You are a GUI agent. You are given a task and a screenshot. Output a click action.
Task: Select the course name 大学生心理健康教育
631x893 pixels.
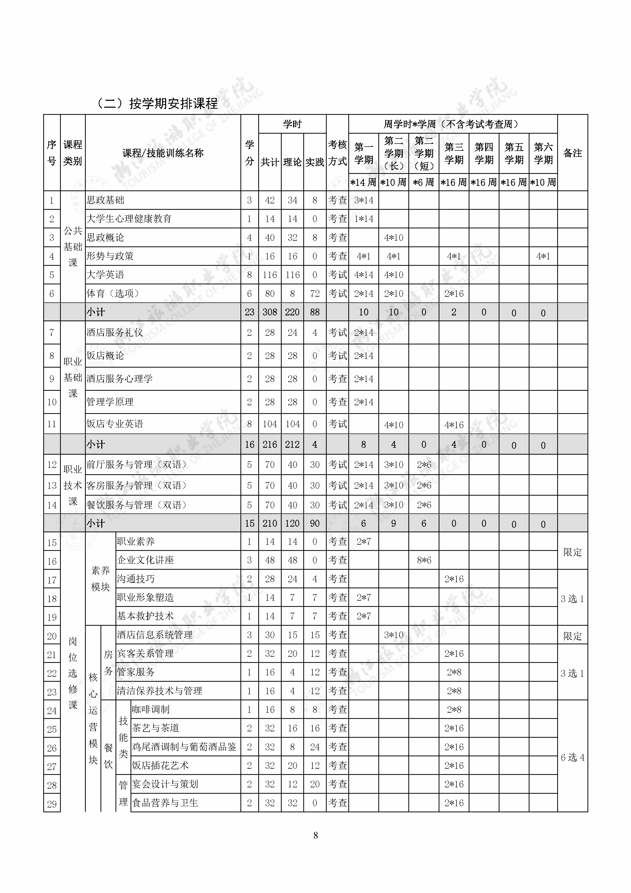tap(129, 219)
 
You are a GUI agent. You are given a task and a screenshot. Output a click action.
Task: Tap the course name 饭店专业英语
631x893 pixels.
tap(115, 424)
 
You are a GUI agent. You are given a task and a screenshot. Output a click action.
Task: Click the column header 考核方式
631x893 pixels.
tap(337, 152)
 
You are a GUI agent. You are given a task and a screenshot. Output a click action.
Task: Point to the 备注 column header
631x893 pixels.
tap(572, 153)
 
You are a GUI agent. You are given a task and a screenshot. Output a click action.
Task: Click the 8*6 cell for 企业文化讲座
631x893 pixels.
tap(423, 560)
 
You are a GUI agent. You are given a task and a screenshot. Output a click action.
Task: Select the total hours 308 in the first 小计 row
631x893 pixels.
tap(269, 312)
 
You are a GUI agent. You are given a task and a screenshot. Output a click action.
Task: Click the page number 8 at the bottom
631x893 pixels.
tap(315, 835)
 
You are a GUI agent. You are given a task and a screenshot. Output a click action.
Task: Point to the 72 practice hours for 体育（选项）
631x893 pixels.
tap(314, 294)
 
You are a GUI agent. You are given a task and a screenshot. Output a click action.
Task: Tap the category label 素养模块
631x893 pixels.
tap(100, 578)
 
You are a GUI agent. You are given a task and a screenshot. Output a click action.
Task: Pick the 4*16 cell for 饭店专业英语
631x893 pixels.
tap(454, 425)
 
